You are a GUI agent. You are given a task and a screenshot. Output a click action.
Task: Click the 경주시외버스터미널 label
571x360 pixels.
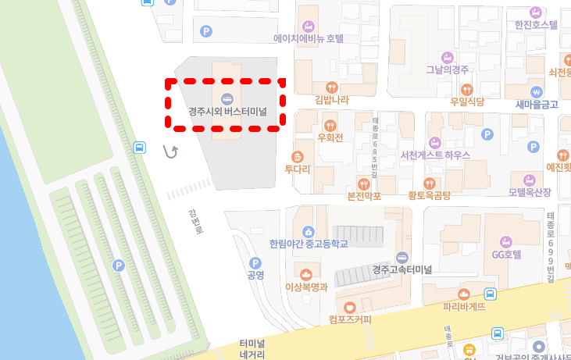227,111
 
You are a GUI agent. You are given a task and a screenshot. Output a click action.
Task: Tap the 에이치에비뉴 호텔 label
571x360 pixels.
309,37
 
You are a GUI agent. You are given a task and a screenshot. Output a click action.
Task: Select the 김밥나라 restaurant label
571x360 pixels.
331,99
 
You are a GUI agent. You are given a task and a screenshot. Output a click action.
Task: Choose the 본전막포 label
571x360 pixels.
363,195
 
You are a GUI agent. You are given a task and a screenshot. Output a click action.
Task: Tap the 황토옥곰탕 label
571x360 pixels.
429,195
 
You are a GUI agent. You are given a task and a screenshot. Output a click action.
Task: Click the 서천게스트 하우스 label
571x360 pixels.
434,155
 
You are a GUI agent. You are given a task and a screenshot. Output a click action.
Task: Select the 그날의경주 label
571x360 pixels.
447,69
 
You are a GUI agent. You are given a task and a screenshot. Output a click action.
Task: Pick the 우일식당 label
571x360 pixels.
467,102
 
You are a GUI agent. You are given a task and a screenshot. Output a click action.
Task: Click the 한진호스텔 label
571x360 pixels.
536,24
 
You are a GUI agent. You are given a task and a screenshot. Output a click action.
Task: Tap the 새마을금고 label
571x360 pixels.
537,104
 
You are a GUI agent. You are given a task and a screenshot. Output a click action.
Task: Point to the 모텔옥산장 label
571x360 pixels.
530,191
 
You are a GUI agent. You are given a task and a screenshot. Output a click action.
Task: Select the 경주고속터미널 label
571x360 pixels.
401,269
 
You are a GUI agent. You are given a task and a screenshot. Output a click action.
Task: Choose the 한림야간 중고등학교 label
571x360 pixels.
308,244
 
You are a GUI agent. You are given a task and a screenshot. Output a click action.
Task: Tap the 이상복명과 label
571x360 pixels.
306,287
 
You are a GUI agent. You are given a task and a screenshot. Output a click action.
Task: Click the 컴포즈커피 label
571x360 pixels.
350,319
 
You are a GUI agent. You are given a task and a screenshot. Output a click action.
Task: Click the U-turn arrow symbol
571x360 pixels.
170,151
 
